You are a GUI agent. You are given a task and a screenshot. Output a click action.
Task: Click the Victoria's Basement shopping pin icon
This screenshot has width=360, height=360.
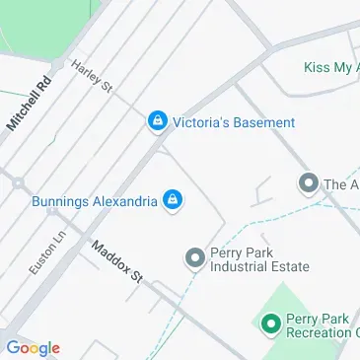point(156,121)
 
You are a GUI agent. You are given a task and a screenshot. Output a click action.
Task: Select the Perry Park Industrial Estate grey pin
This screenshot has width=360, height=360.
point(194,258)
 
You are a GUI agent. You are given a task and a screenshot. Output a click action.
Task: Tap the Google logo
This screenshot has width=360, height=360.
point(33,347)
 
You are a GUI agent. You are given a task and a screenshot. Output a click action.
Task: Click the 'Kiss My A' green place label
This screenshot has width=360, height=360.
point(330,68)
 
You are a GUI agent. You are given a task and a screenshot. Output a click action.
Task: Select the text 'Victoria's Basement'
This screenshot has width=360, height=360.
point(233,122)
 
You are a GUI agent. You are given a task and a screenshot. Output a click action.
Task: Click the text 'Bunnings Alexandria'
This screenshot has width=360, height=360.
point(95,201)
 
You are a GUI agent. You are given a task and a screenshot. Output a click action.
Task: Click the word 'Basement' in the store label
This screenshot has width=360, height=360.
point(263,122)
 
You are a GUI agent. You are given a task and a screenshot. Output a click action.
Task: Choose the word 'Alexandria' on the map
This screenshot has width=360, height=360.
point(124,201)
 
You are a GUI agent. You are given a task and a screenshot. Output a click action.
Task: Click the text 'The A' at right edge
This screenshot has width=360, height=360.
point(341,184)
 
